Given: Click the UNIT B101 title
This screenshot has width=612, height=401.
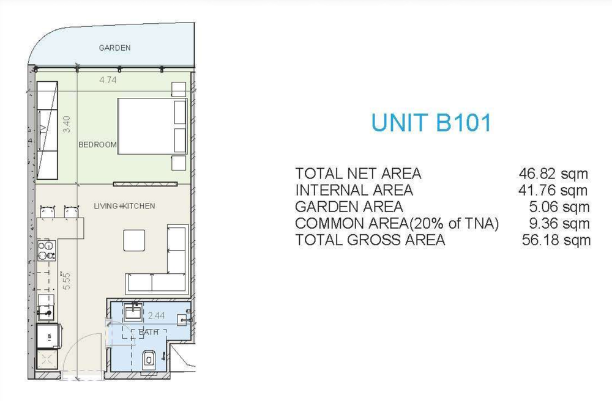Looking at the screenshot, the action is point(431,122).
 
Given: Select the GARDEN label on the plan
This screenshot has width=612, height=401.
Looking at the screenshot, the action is point(115,48).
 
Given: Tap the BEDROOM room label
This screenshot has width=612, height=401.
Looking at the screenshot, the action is point(97,145).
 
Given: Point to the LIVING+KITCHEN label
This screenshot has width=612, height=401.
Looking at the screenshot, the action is point(124,206).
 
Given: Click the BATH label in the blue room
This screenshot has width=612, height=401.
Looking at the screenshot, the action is point(149,332).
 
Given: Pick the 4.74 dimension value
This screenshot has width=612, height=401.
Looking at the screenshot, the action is point(108,80).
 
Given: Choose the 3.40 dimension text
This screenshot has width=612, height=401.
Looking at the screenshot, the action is point(67,124).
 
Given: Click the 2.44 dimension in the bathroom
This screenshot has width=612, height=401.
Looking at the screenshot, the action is point(156,315).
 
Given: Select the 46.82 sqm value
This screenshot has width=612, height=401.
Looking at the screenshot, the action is point(553,174).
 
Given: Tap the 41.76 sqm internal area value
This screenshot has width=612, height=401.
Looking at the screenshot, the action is point(553,190).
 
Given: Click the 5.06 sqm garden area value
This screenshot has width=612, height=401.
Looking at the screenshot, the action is point(559,207).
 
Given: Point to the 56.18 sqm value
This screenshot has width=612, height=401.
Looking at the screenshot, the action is point(556,240).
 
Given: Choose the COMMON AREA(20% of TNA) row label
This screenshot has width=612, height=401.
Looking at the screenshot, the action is point(397,223).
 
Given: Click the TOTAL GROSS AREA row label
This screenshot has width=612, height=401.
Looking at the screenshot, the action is point(370,240).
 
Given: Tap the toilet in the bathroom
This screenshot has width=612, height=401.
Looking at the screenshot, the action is point(149,359).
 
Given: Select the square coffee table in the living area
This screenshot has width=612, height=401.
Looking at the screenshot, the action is point(134,240).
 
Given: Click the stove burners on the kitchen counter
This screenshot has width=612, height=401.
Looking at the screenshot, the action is point(47,250).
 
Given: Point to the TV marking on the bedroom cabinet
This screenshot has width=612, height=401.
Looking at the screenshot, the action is point(43,129).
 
